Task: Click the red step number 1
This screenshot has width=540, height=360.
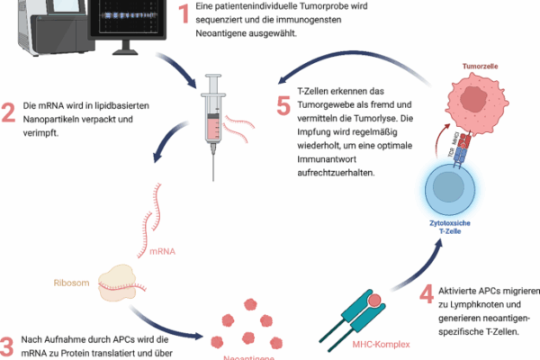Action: coord(185,13)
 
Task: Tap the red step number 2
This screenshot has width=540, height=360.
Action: coord(8,113)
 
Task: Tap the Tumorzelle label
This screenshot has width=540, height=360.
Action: coord(480,67)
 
